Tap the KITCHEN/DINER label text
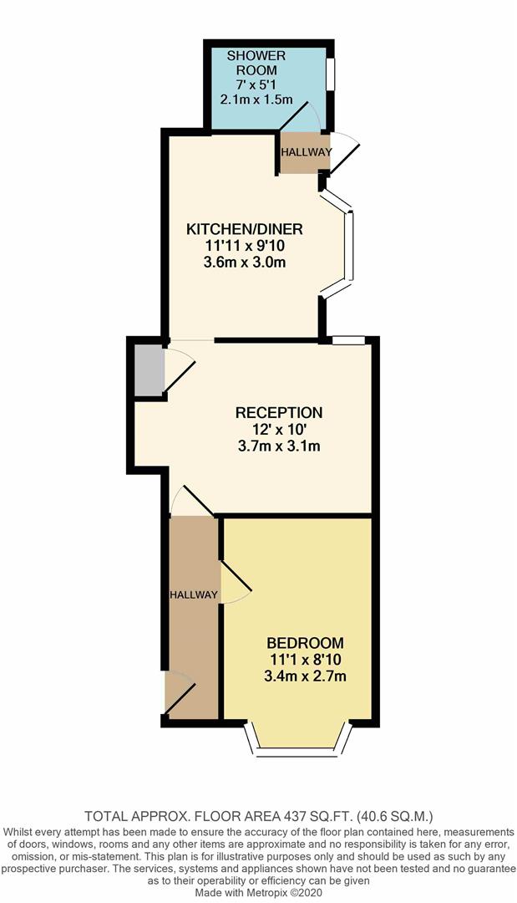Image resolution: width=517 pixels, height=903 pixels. pos(244,229)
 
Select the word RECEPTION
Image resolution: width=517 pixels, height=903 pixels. pos(278,412)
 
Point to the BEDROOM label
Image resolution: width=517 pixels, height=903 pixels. pos(305,643)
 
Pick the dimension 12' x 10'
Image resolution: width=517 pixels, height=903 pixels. pos(278,429)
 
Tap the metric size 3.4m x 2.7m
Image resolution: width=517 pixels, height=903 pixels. pos(305,676)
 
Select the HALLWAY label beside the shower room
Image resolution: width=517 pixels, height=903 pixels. pos(306,152)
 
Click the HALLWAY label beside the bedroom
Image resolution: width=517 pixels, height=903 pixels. pos(194,594)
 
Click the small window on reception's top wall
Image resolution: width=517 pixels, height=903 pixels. pos(348,340)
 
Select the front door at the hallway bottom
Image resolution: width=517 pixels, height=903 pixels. pos(180,693)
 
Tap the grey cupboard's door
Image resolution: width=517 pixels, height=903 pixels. pos(179,371)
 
